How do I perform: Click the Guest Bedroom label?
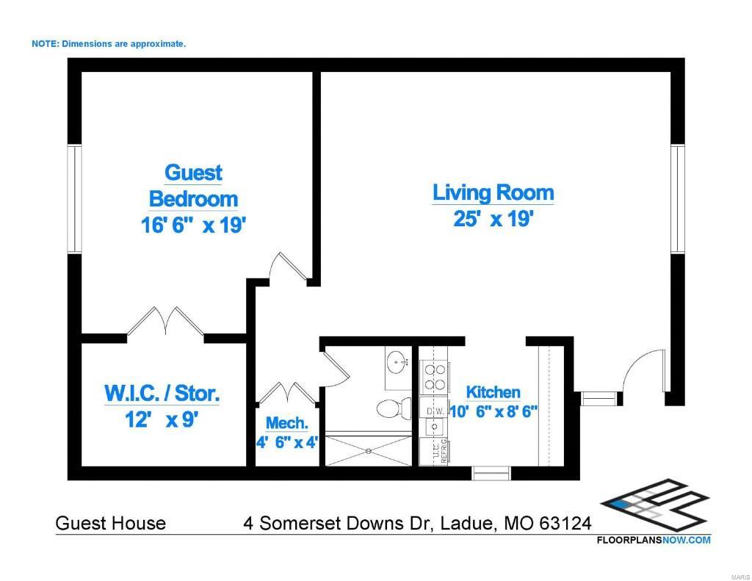[x=193, y=186]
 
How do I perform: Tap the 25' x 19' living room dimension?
[x=493, y=219]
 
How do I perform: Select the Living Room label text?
[x=493, y=193]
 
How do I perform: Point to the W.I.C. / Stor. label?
[x=162, y=393]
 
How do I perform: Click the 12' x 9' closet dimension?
[x=162, y=420]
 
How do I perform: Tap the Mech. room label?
[x=286, y=423]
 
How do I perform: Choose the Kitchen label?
[x=493, y=392]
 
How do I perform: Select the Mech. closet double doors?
[x=286, y=393]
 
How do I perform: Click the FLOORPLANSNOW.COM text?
[x=653, y=540]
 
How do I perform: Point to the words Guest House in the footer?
[x=111, y=524]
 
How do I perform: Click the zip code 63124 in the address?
[x=565, y=524]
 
